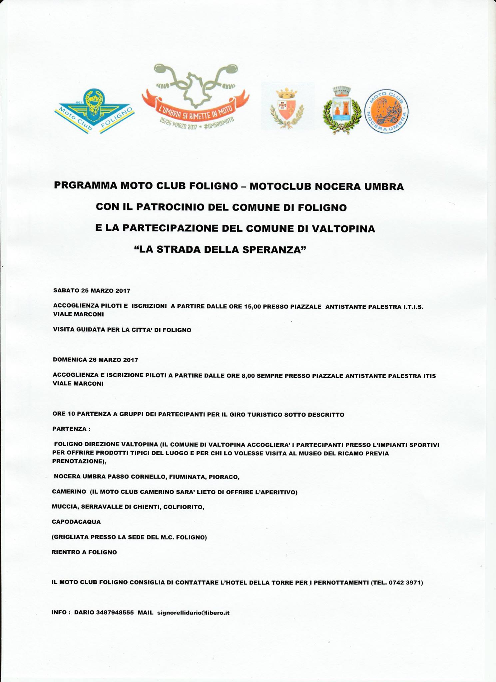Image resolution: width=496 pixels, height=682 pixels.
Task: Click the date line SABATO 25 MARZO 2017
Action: pyautogui.click(x=92, y=291)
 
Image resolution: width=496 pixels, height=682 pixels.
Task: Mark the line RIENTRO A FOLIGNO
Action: pyautogui.click(x=84, y=552)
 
